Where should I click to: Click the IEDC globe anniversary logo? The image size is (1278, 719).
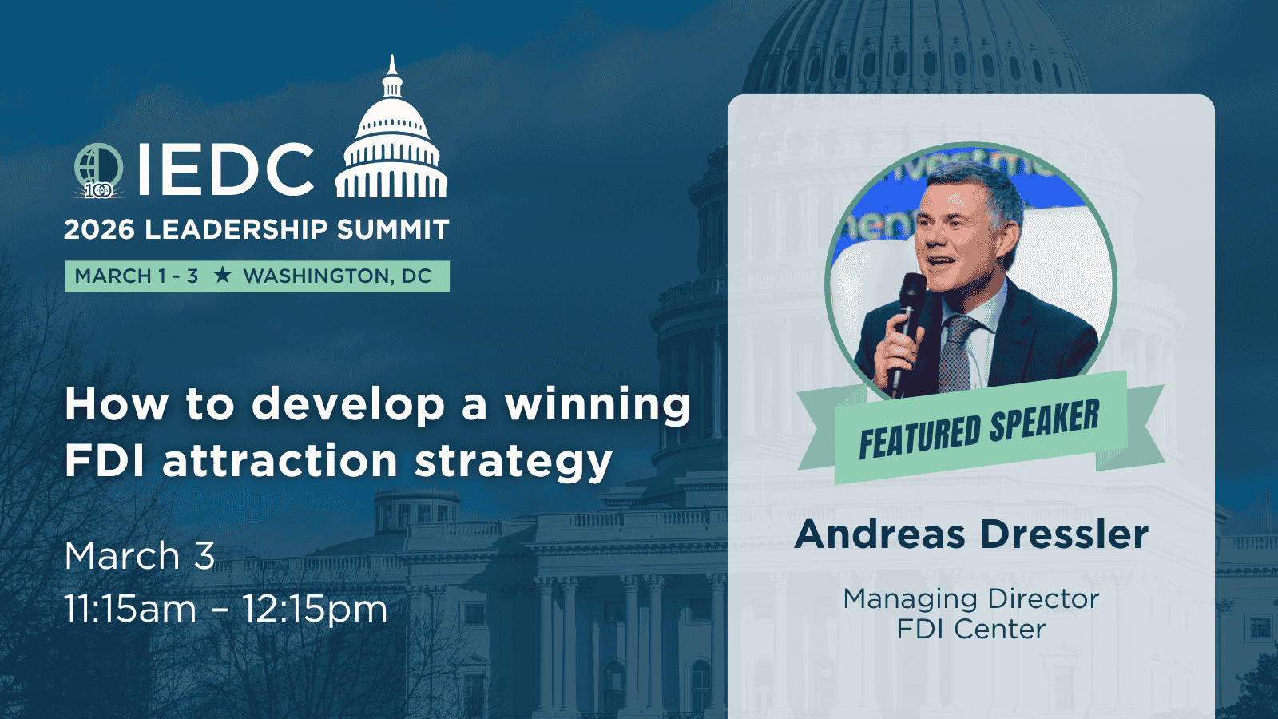click(x=99, y=170)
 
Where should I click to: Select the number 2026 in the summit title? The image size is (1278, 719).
click(x=99, y=230)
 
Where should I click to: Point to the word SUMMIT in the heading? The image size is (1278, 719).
click(x=392, y=230)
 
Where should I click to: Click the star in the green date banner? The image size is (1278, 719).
click(x=222, y=276)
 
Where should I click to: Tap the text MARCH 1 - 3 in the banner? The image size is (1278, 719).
click(x=137, y=276)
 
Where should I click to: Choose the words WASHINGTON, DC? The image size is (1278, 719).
click(x=337, y=276)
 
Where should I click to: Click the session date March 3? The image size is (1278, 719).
click(x=140, y=556)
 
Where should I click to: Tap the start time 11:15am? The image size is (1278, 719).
click(x=131, y=609)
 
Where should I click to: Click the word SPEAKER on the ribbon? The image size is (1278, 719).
click(x=1044, y=423)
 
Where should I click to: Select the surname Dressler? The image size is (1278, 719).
click(x=1064, y=534)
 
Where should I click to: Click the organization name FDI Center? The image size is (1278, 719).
click(x=971, y=630)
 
